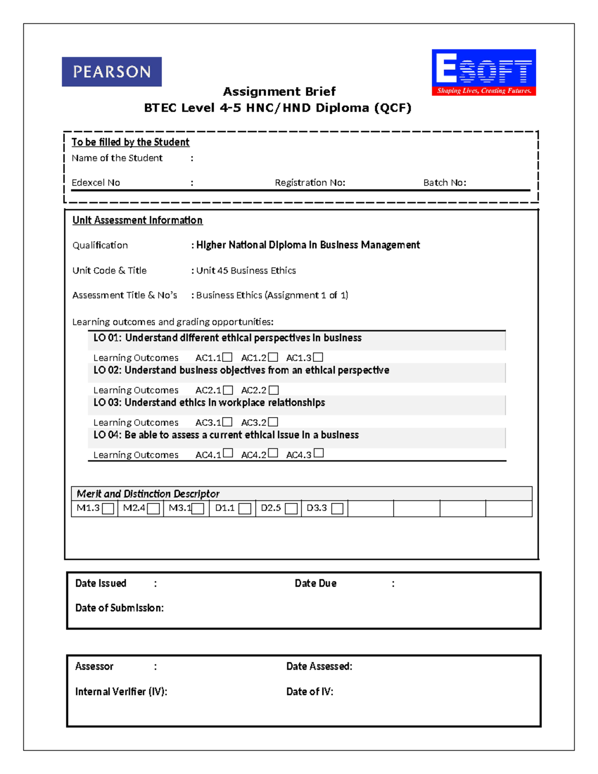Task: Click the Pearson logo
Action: (112, 72)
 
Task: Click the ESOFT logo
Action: (483, 72)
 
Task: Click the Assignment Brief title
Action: (279, 92)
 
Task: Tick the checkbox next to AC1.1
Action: (228, 357)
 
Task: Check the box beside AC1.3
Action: (318, 357)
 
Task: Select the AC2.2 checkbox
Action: (274, 390)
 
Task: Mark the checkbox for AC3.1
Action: (228, 422)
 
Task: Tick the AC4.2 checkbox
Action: (273, 453)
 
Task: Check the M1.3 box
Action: (108, 508)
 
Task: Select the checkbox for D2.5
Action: (292, 508)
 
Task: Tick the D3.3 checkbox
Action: (337, 508)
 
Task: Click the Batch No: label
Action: (445, 183)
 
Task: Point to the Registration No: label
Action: (310, 183)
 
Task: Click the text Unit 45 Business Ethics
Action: (246, 271)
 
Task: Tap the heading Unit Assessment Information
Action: (138, 220)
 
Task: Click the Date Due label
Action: (315, 584)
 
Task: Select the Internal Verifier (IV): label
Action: (121, 692)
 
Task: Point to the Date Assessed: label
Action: (319, 666)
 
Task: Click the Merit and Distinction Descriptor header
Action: (148, 494)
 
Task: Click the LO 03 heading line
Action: (209, 403)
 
